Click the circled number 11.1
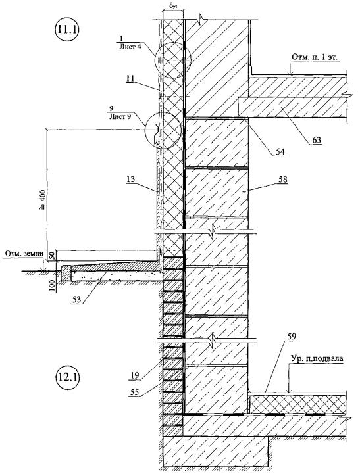click(x=66, y=30)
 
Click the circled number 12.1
click(x=66, y=377)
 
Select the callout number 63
click(x=316, y=140)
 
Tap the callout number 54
click(x=280, y=151)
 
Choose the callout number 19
click(x=134, y=375)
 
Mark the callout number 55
click(x=134, y=392)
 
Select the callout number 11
click(x=130, y=78)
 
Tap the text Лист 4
click(x=129, y=47)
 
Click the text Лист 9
click(x=120, y=116)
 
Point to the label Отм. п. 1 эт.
click(x=315, y=57)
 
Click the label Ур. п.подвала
click(x=316, y=358)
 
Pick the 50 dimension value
click(x=51, y=255)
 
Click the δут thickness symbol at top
click(x=173, y=5)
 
